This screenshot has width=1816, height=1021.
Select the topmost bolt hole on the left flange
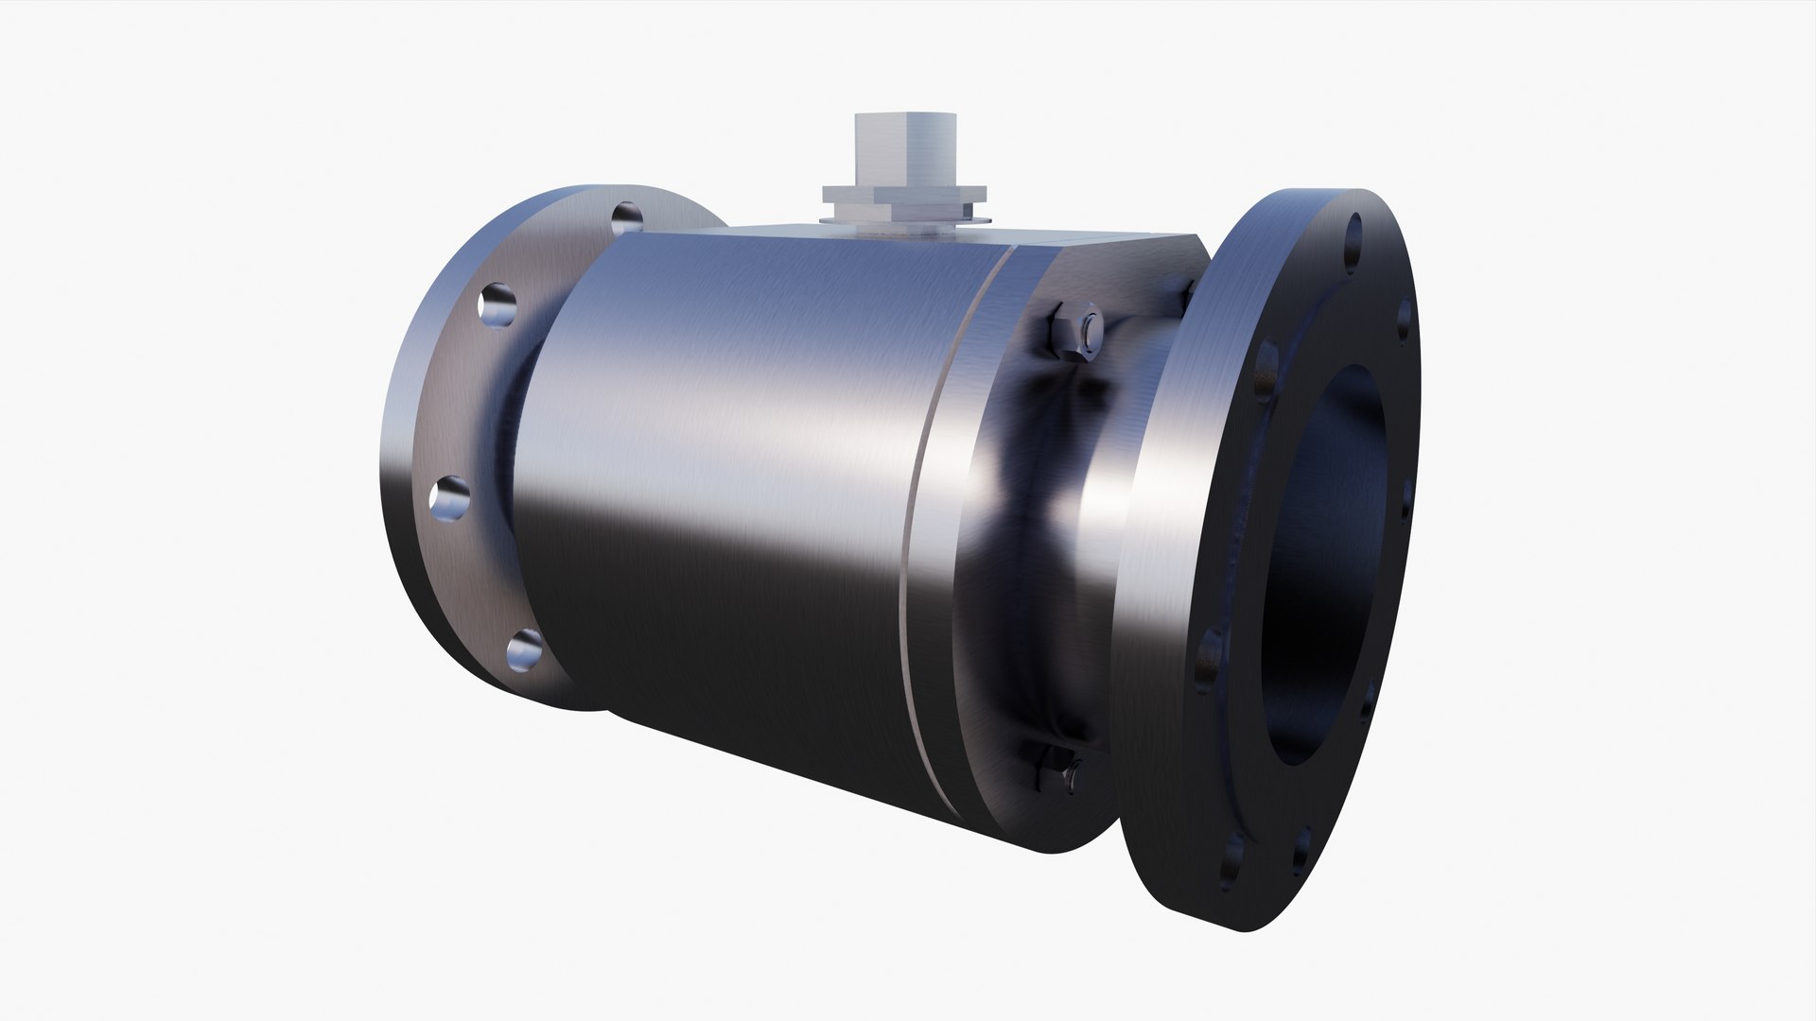point(626,218)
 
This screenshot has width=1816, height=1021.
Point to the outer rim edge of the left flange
point(397,473)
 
